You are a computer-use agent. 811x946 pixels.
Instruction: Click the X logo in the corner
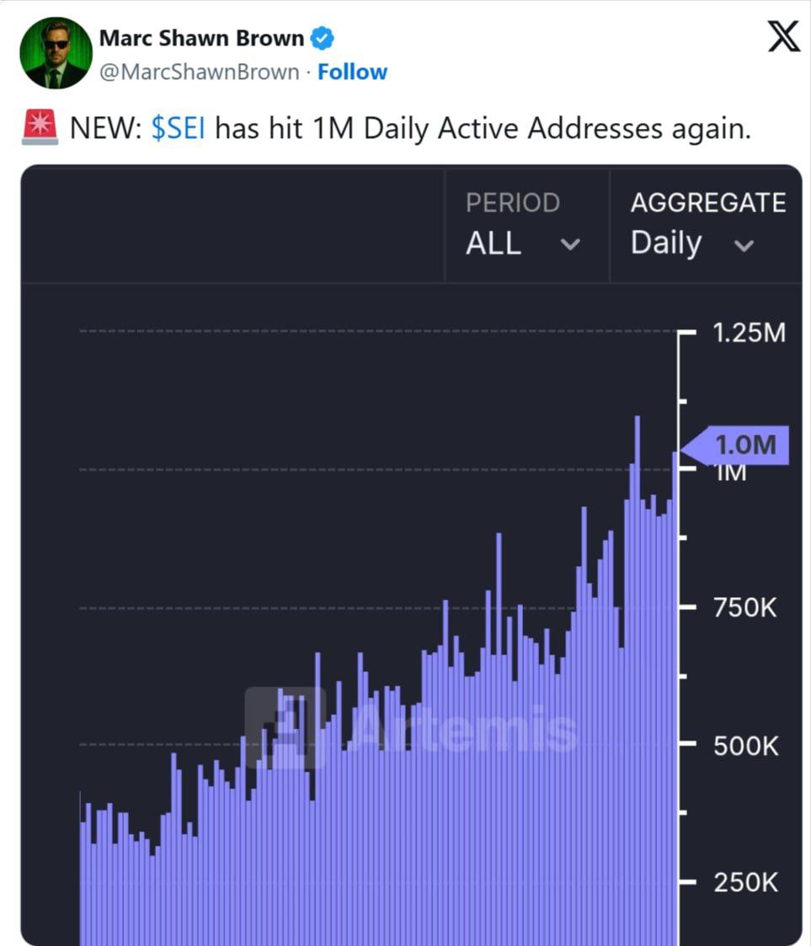point(784,36)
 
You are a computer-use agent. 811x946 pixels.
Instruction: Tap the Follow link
point(352,72)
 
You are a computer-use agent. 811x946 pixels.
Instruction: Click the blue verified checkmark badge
point(322,38)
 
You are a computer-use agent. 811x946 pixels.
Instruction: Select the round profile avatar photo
point(56,53)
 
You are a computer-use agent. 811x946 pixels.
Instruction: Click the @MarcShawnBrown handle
point(199,72)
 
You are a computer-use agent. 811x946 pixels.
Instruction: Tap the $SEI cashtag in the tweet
point(178,129)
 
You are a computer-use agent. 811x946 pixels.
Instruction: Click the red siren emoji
point(40,127)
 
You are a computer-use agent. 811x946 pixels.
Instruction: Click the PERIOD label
point(513,203)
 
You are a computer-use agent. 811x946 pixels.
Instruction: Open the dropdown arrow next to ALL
point(570,244)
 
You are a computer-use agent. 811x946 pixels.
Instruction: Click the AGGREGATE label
point(708,203)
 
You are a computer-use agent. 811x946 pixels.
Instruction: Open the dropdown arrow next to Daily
point(744,245)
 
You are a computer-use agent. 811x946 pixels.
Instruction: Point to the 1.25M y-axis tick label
point(749,333)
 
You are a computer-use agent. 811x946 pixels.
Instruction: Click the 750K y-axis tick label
point(744,607)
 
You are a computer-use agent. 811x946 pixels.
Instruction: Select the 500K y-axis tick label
point(746,746)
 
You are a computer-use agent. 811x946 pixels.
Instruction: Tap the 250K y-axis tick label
point(746,883)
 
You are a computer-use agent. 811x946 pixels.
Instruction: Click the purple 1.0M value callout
point(735,446)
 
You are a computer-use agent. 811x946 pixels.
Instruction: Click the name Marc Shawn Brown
point(201,38)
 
